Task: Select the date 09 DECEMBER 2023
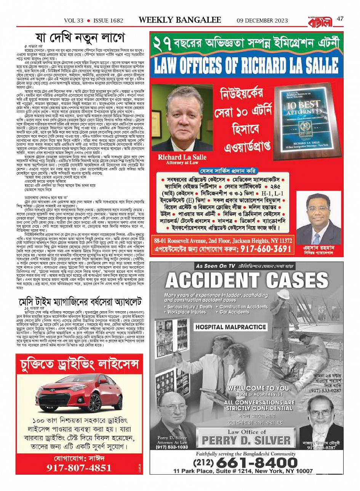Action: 262,21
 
